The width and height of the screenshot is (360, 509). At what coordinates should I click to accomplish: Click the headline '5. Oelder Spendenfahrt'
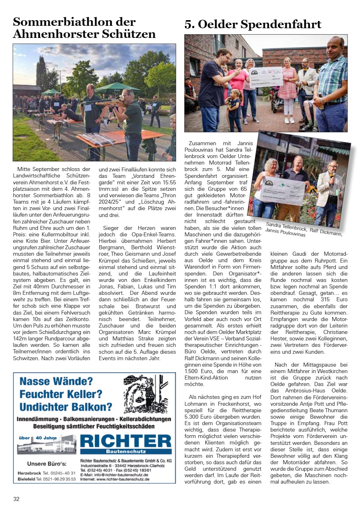[253, 25]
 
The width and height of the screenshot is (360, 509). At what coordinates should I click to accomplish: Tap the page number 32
[16, 499]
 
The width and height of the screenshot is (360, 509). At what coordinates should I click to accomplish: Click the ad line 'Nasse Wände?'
[56, 381]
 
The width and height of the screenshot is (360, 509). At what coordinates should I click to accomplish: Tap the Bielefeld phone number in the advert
[56, 479]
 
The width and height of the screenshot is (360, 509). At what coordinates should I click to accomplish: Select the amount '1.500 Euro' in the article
[198, 371]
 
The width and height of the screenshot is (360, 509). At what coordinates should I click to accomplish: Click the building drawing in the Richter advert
[46, 446]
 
